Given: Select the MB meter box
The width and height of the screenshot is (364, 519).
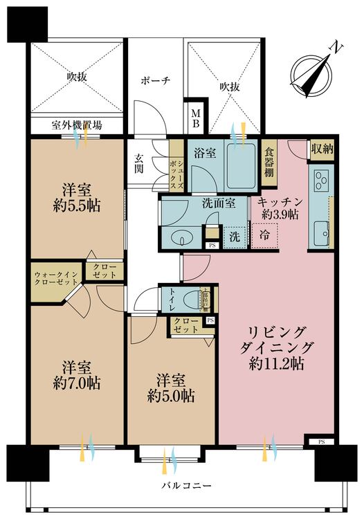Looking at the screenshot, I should click(x=195, y=118).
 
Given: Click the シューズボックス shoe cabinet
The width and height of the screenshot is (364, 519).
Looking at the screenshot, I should click(x=176, y=166).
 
